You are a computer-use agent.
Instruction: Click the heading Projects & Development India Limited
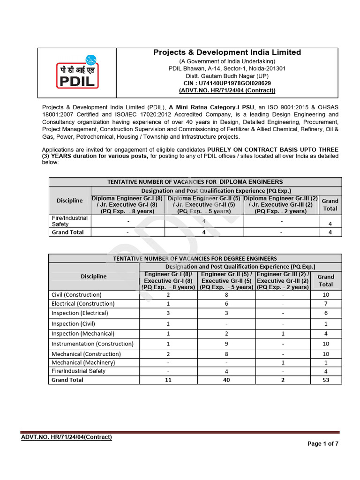point(227,52)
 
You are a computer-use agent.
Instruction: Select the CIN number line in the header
point(227,83)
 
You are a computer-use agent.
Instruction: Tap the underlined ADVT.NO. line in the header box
point(227,90)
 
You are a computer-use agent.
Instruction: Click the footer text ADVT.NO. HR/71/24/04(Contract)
point(67,437)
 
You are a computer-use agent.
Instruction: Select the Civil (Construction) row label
point(76,295)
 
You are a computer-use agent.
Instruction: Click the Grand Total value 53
point(325,380)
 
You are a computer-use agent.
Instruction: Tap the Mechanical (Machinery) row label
point(77,362)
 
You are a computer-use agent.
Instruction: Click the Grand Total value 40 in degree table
point(226,380)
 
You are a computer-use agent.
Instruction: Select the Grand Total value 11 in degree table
point(168,380)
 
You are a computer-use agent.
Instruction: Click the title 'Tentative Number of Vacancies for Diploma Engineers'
point(195,182)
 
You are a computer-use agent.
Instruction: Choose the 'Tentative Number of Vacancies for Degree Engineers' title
point(195,258)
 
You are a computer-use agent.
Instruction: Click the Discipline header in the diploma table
point(70,201)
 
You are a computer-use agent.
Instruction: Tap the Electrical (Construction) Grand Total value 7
point(325,304)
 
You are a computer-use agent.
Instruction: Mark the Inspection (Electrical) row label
point(80,313)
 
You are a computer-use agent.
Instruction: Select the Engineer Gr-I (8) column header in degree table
point(168,280)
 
